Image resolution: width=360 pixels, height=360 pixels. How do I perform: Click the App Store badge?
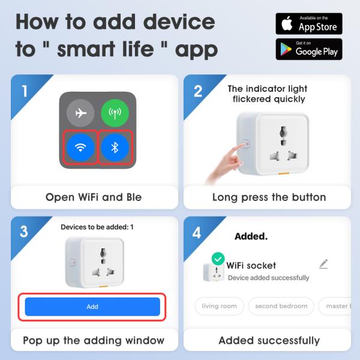tap(309, 23)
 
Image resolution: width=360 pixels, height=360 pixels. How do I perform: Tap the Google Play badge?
tap(309, 49)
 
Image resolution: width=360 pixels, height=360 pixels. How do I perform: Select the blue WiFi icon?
tap(80, 147)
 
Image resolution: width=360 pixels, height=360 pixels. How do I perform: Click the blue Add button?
tap(92, 307)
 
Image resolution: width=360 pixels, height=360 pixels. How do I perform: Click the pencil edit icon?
tap(324, 264)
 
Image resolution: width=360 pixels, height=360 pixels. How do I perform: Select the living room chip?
tap(219, 306)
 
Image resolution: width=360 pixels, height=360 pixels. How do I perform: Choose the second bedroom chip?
tap(281, 306)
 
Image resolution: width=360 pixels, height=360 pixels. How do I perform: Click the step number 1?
tap(25, 91)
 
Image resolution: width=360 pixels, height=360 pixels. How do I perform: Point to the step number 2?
tap(198, 91)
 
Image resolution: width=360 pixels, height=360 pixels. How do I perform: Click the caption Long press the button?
tap(269, 197)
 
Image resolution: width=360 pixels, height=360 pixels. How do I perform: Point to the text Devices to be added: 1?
tap(97, 227)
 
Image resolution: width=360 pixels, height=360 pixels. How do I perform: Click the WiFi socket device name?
tap(251, 265)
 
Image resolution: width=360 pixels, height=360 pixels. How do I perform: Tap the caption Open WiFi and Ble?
tap(94, 197)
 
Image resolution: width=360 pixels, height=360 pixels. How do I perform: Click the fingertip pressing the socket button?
tap(241, 146)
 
